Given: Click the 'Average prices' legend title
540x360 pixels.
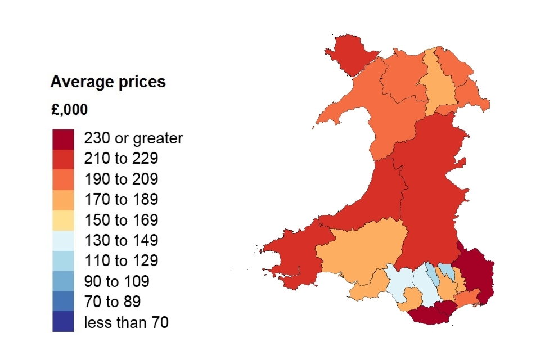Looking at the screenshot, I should (108, 82).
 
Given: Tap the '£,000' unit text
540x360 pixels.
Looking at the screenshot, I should (69, 110).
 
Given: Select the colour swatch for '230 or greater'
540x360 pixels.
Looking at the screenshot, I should (63, 139).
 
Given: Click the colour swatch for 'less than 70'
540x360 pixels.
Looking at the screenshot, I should (63, 322).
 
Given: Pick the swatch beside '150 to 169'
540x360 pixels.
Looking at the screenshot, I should (63, 220).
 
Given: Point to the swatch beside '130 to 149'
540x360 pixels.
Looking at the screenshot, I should (63, 241).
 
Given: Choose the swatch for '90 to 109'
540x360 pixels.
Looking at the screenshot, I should (63, 281).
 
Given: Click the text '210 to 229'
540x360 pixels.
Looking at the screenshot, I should (121, 159).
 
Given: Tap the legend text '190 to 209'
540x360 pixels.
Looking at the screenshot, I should (121, 179).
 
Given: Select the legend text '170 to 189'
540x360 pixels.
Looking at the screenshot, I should (121, 200).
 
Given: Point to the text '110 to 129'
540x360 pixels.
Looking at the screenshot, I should (121, 261).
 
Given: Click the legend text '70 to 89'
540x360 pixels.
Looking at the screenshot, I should (113, 302).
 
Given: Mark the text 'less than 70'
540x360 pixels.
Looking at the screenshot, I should (126, 322).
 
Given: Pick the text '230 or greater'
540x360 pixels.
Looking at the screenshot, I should (133, 138).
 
